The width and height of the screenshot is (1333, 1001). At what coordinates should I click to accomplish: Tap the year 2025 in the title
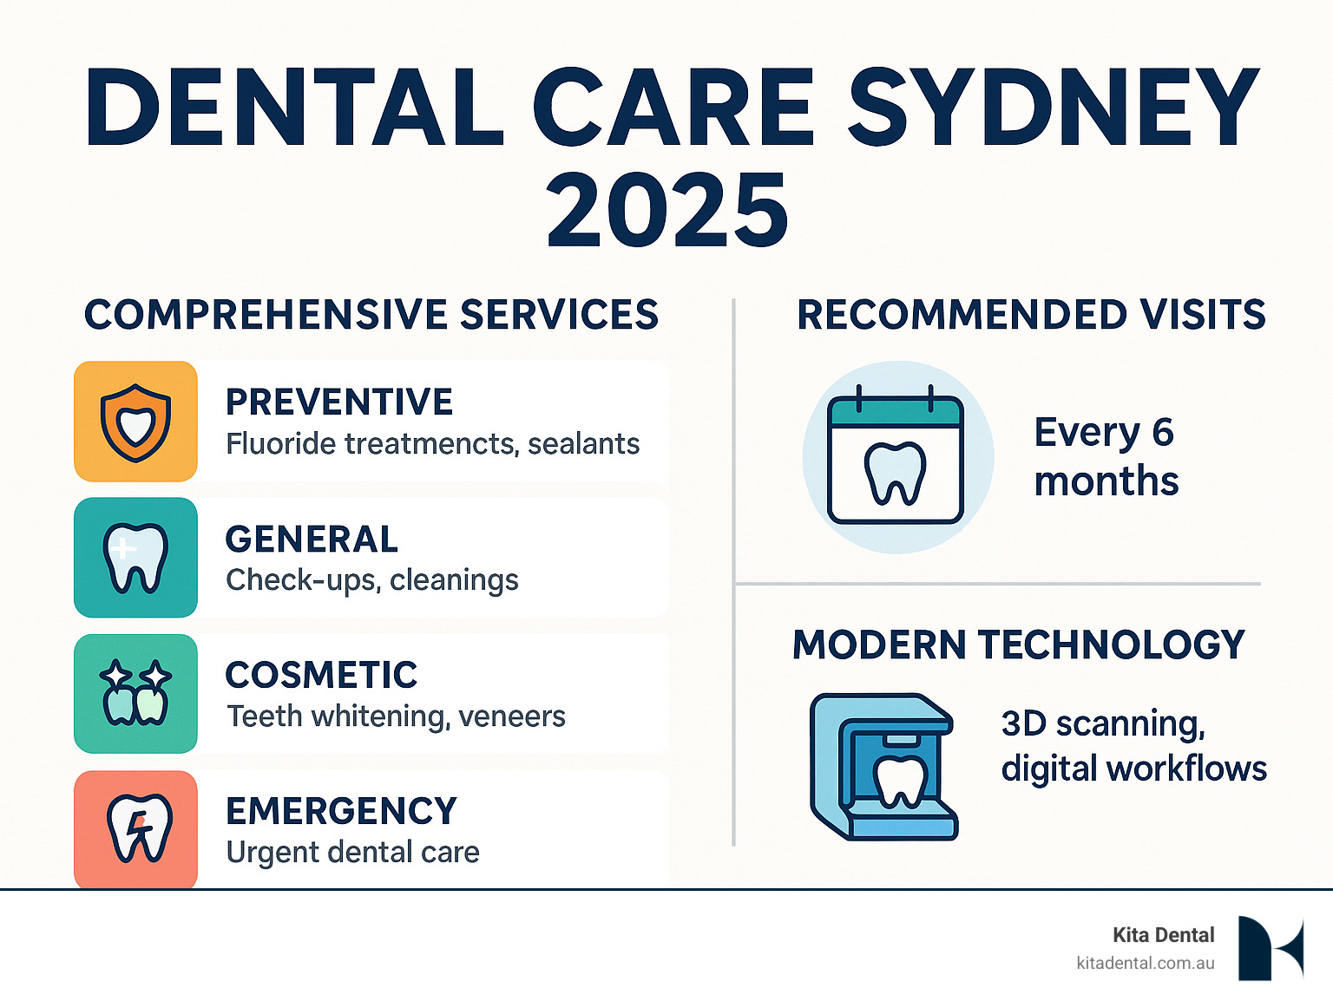pyautogui.click(x=666, y=211)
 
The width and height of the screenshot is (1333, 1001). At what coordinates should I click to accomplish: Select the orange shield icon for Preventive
pyautogui.click(x=135, y=422)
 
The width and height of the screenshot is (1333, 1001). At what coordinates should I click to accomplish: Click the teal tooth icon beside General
pyautogui.click(x=135, y=558)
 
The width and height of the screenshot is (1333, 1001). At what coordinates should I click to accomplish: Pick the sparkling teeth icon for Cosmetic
pyautogui.click(x=135, y=693)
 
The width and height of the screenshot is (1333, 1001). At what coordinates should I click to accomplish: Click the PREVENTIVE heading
pyautogui.click(x=339, y=402)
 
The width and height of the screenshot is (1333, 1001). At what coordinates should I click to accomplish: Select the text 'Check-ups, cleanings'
pyautogui.click(x=372, y=579)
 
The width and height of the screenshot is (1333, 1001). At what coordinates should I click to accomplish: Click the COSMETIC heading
pyautogui.click(x=321, y=675)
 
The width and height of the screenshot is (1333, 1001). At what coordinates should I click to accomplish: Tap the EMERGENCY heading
pyautogui.click(x=341, y=811)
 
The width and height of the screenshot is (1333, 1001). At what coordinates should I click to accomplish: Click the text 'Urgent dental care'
pyautogui.click(x=352, y=853)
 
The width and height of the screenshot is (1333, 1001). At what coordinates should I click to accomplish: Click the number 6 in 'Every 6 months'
pyautogui.click(x=1163, y=432)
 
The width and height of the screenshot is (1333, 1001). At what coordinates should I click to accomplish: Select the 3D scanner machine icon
pyautogui.click(x=883, y=767)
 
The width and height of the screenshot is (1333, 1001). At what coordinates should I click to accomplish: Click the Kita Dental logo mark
pyautogui.click(x=1270, y=948)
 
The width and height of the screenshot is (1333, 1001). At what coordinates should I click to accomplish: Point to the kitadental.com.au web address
pyautogui.click(x=1145, y=963)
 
